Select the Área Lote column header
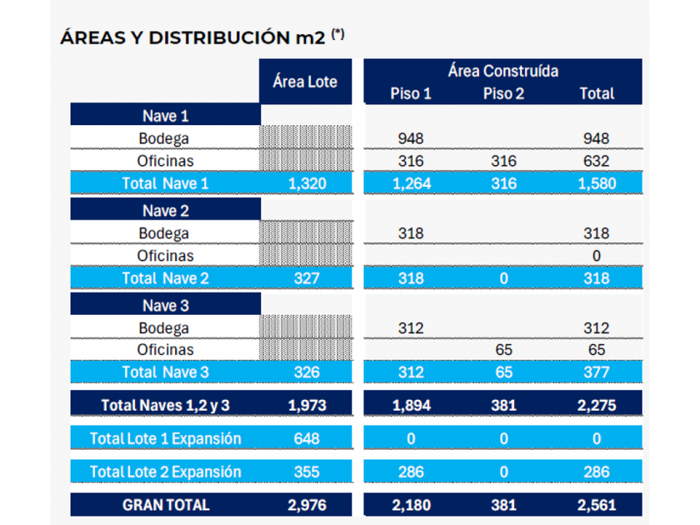point(305,82)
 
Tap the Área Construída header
point(502,71)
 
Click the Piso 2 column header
point(503,93)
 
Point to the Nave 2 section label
point(165,211)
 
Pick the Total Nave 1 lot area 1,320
point(306,182)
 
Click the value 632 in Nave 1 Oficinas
point(597,160)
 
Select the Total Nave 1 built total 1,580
point(597,182)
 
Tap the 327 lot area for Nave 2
point(306,278)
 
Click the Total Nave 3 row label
point(165,372)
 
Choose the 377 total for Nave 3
point(597,372)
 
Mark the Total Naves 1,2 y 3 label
point(165,405)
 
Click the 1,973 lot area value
point(306,405)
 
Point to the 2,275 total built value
point(597,405)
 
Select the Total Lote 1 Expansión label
point(165,438)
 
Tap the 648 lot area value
point(306,438)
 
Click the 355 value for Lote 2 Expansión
point(306,472)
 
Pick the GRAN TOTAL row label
point(165,505)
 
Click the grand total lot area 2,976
point(306,505)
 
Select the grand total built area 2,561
point(597,505)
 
